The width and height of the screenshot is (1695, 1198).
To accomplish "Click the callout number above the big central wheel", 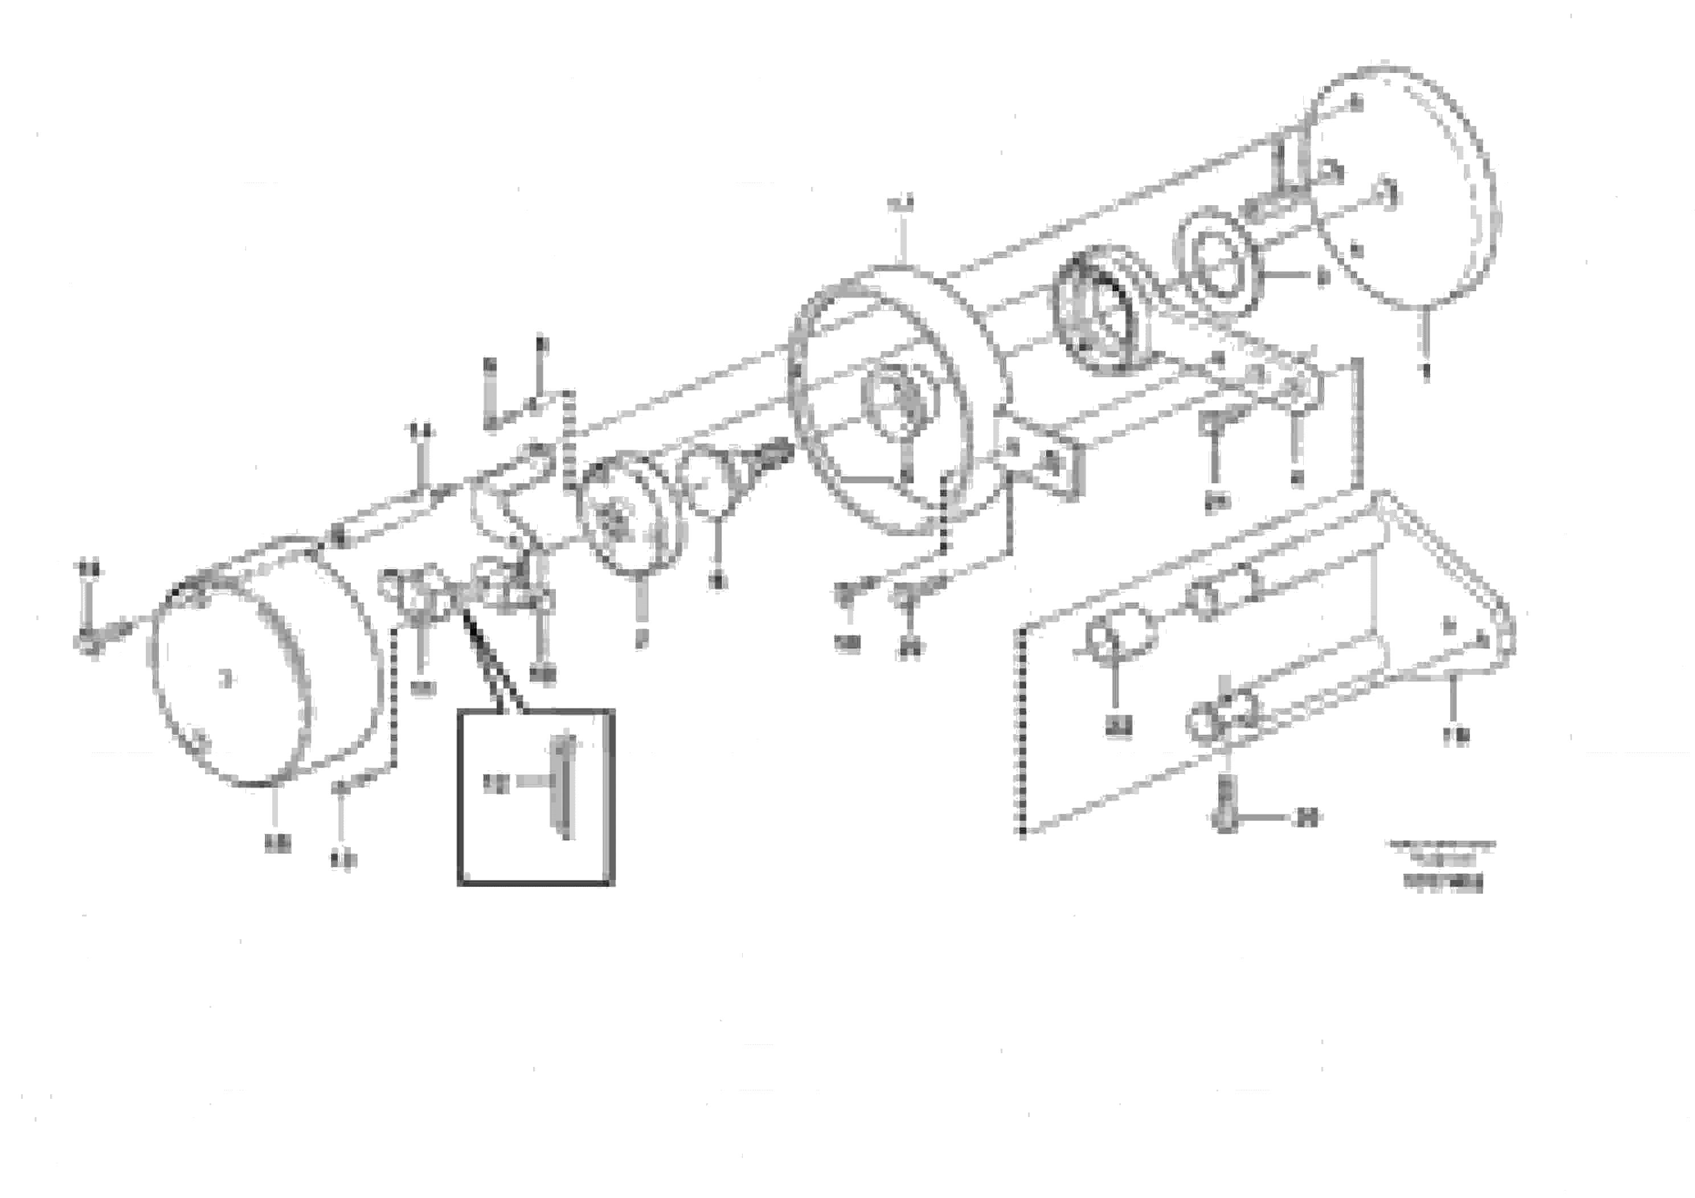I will click(x=900, y=203).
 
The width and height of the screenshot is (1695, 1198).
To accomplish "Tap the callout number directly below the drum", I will click(x=277, y=842).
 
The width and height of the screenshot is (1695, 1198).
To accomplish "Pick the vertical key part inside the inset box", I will click(x=565, y=787).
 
